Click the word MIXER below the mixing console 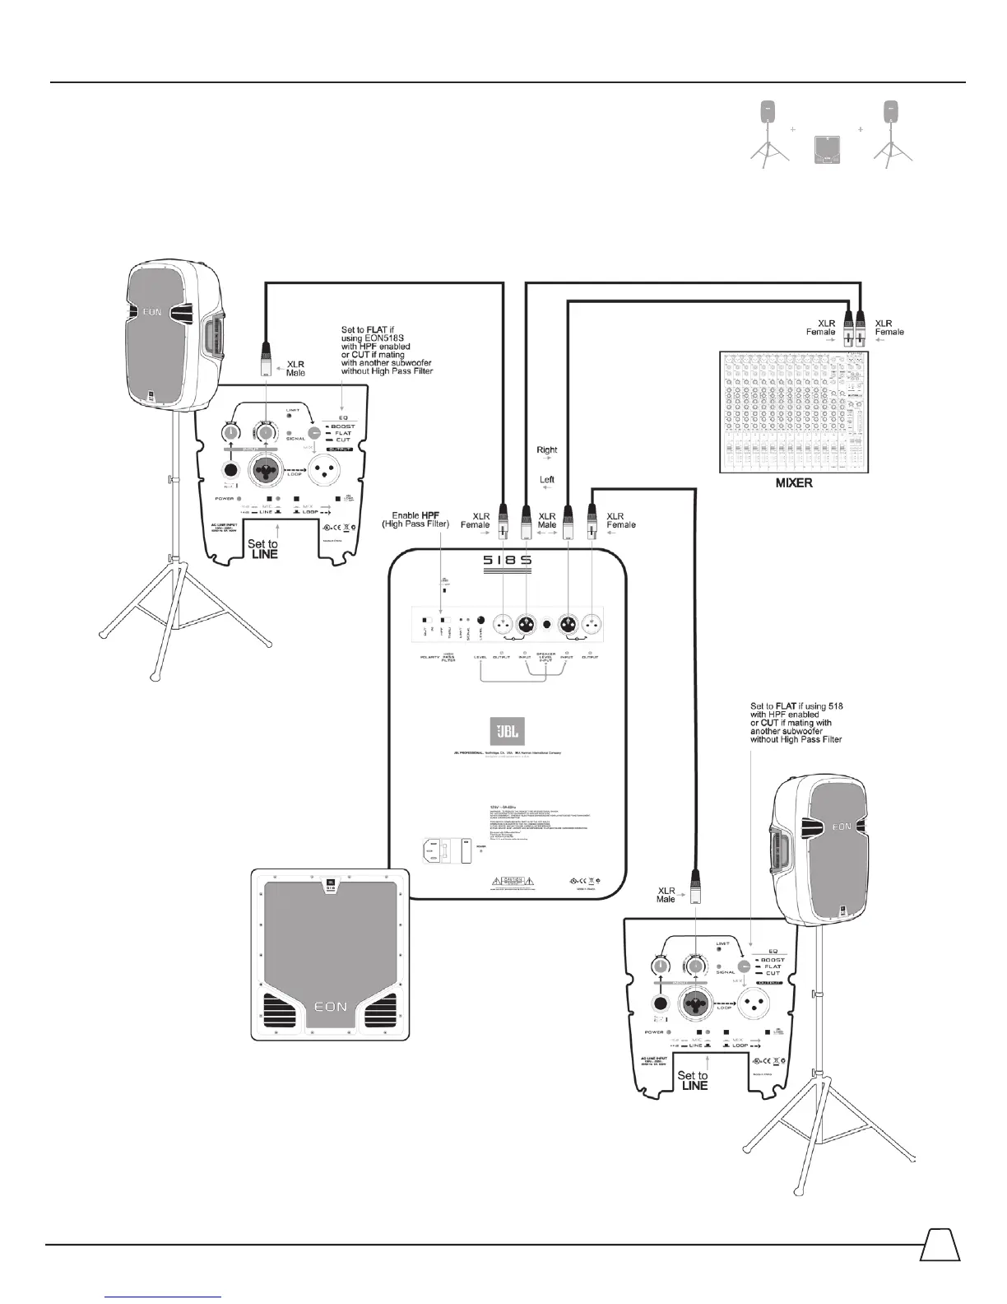794,483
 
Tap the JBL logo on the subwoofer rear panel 504,732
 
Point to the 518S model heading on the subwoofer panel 507,561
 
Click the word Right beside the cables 546,450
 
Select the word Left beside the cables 546,479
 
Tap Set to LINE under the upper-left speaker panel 262,549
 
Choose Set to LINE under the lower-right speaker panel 692,1080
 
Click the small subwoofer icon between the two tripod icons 825,151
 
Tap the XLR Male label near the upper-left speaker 295,368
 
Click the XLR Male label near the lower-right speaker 666,895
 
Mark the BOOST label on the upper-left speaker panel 342,426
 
